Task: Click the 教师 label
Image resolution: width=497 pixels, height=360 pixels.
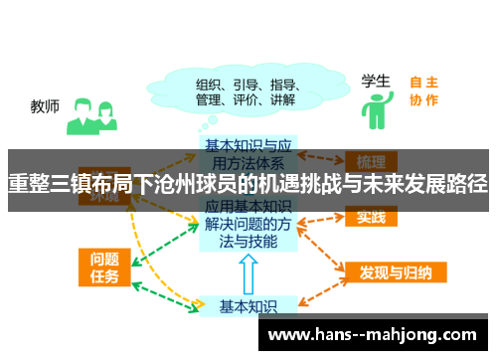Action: click(x=45, y=104)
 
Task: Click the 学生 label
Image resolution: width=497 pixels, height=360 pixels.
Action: click(x=374, y=81)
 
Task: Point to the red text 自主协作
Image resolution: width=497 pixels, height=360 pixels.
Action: click(x=423, y=90)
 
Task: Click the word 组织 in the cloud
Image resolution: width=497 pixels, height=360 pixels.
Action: click(x=208, y=83)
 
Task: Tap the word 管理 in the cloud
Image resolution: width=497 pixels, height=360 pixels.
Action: click(x=208, y=99)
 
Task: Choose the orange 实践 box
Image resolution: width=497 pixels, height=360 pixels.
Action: click(x=371, y=217)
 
